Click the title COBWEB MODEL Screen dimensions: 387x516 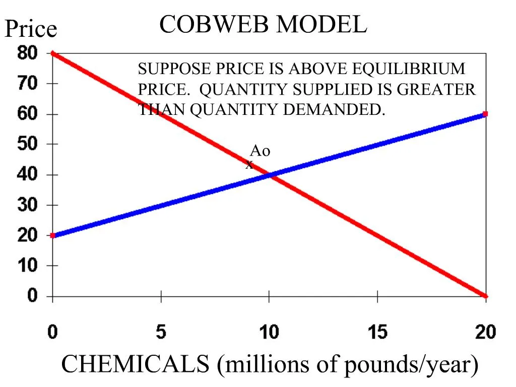pos(263,24)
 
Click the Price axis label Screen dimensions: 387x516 pos(31,29)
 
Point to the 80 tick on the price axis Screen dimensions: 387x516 pos(28,53)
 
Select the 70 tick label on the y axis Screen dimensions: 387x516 pos(28,83)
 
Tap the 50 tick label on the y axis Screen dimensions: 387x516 pos(28,144)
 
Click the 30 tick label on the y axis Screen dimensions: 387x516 pos(28,205)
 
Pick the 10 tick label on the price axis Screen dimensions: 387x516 pos(28,266)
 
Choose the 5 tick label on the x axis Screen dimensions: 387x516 pos(161,332)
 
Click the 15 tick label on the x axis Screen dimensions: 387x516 pos(377,332)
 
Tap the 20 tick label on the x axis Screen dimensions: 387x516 pos(485,332)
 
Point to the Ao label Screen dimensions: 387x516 pos(260,151)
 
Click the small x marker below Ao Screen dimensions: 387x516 pos(249,165)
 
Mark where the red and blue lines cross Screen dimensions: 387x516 pos(270,175)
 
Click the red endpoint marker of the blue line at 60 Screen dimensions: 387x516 pos(485,114)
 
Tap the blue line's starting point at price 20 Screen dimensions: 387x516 pos(53,235)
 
